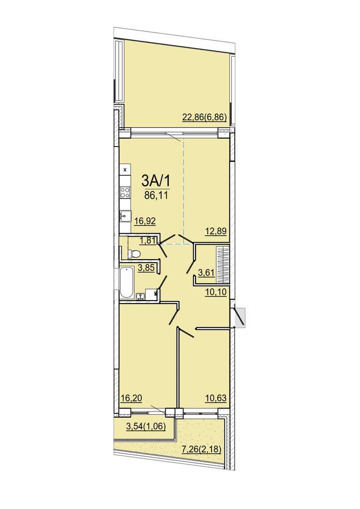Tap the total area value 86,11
[x=155, y=196]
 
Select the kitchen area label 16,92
[x=145, y=221]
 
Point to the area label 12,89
[x=215, y=231]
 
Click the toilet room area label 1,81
[x=147, y=240]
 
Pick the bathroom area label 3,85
[x=146, y=269]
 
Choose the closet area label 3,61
[x=206, y=272]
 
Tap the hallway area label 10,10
[x=215, y=292]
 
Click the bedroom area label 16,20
[x=131, y=398]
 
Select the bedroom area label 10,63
[x=215, y=398]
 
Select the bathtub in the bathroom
[x=126, y=283]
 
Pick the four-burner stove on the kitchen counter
[x=125, y=193]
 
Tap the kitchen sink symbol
[x=125, y=215]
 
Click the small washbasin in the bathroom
[x=141, y=296]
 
